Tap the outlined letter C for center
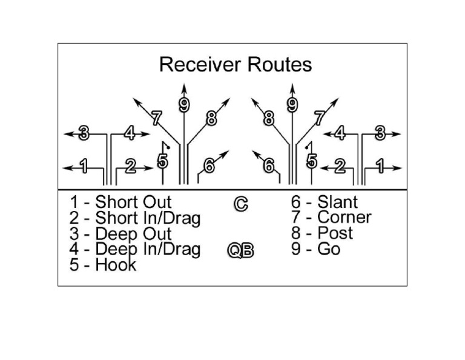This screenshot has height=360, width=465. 240,204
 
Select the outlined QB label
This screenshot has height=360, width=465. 240,250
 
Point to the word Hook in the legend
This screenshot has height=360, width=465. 116,265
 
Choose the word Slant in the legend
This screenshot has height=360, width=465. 337,202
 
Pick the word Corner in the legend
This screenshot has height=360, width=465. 344,217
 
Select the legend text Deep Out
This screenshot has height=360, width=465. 133,234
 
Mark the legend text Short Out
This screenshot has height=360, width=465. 133,202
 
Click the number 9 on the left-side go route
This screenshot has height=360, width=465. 184,105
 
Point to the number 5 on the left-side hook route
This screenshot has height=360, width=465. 162,161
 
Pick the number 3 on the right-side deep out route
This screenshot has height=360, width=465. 380,134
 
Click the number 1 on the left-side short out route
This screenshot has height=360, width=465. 84,165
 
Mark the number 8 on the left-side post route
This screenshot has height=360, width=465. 211,119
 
